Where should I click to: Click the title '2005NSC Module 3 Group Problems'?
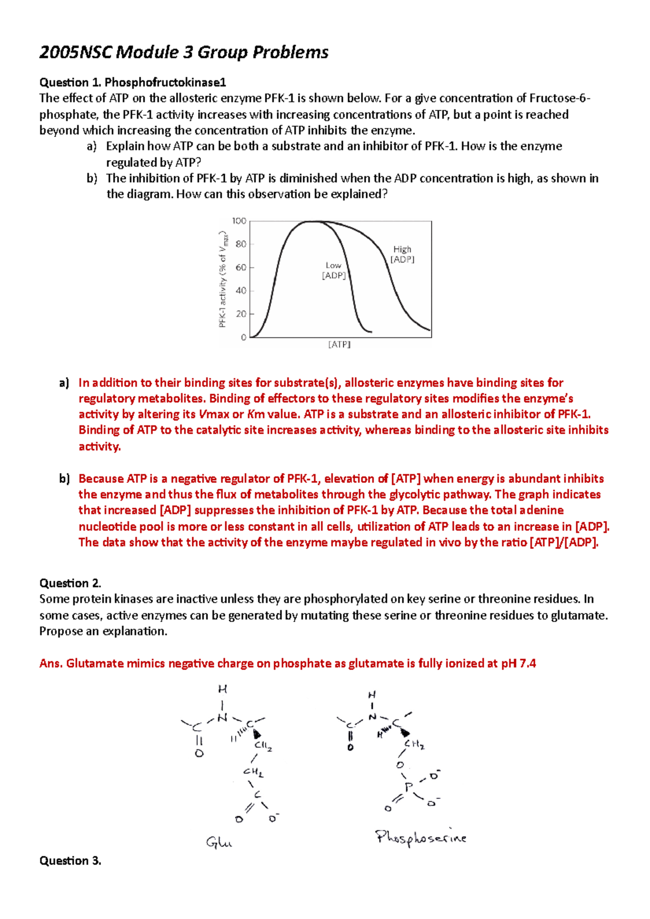pos(184,52)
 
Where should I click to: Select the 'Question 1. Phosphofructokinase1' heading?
pos(133,82)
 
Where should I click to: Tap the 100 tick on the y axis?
pos(239,221)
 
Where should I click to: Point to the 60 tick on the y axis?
pos(240,267)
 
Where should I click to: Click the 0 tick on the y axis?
pos(243,337)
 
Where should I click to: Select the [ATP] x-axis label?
pos(340,345)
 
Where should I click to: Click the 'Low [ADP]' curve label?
pos(334,270)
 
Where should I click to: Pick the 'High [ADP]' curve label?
pos(402,254)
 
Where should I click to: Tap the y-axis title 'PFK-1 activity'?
pos(223,279)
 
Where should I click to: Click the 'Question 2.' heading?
pos(70,583)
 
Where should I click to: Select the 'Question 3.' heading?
pos(70,861)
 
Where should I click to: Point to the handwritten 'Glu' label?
pos(219,842)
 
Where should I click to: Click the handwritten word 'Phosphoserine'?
pos(420,838)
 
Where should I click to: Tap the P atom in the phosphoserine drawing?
pos(408,786)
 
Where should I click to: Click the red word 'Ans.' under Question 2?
pos(51,664)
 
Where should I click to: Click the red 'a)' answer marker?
pos(64,383)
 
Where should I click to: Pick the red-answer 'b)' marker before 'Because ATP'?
pos(64,478)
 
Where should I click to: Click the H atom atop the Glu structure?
pos(223,690)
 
